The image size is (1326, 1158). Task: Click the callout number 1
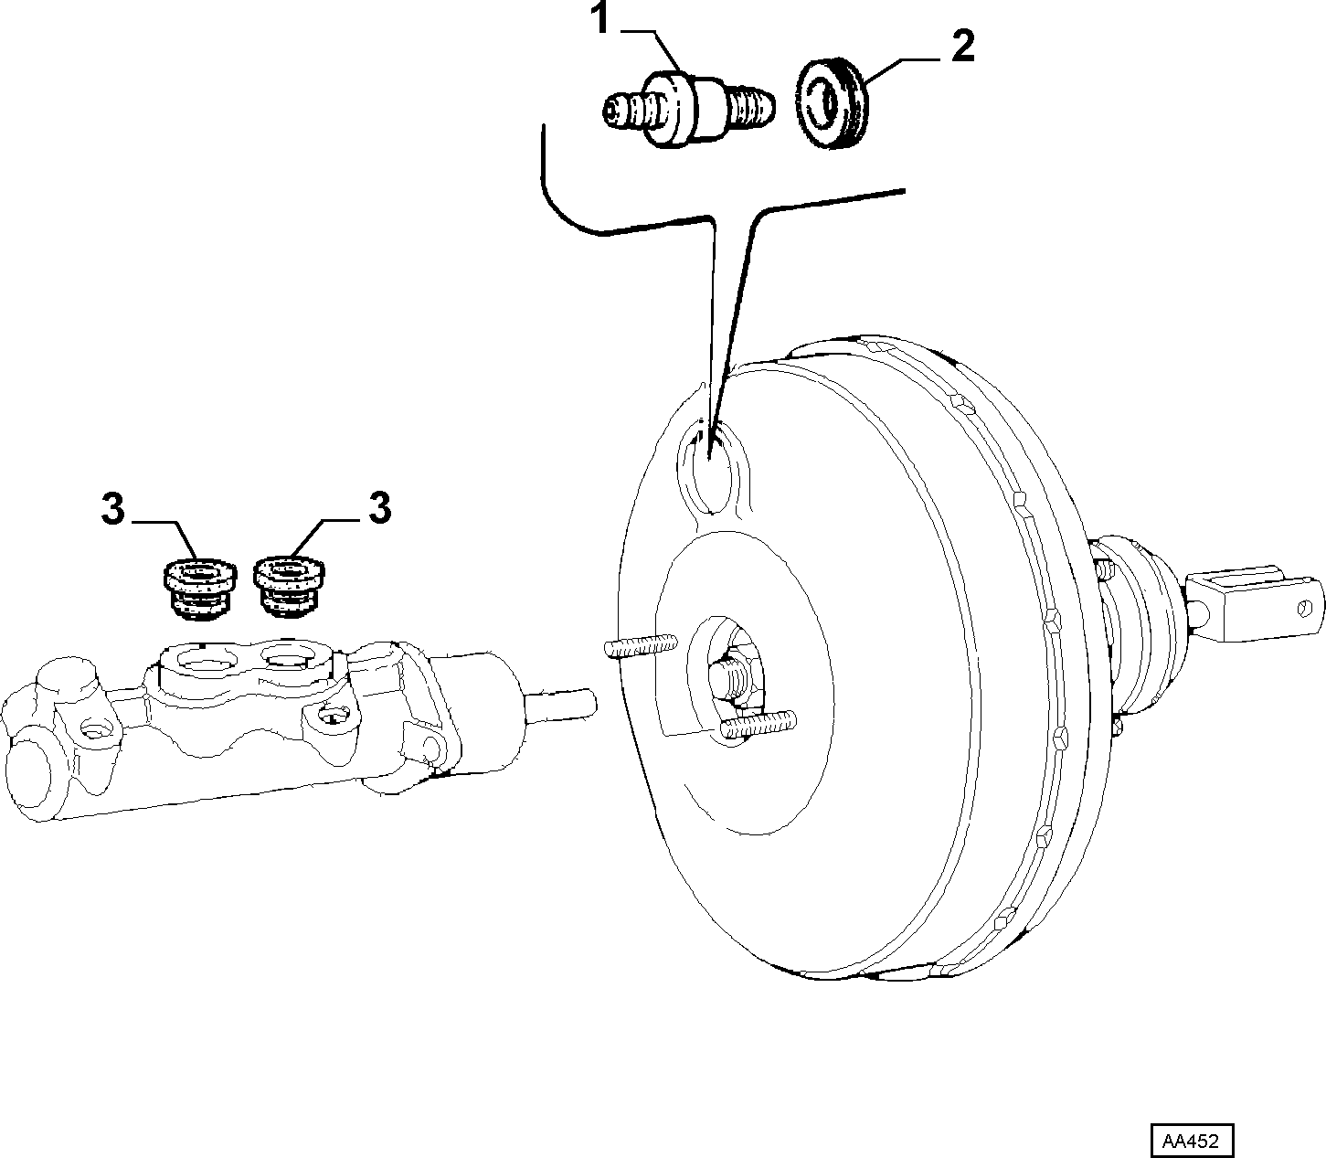tap(602, 18)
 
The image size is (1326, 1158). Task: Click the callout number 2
tap(963, 47)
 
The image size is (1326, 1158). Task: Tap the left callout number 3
tap(112, 509)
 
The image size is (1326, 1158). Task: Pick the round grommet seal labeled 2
tap(832, 106)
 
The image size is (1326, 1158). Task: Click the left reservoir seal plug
tap(199, 589)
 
